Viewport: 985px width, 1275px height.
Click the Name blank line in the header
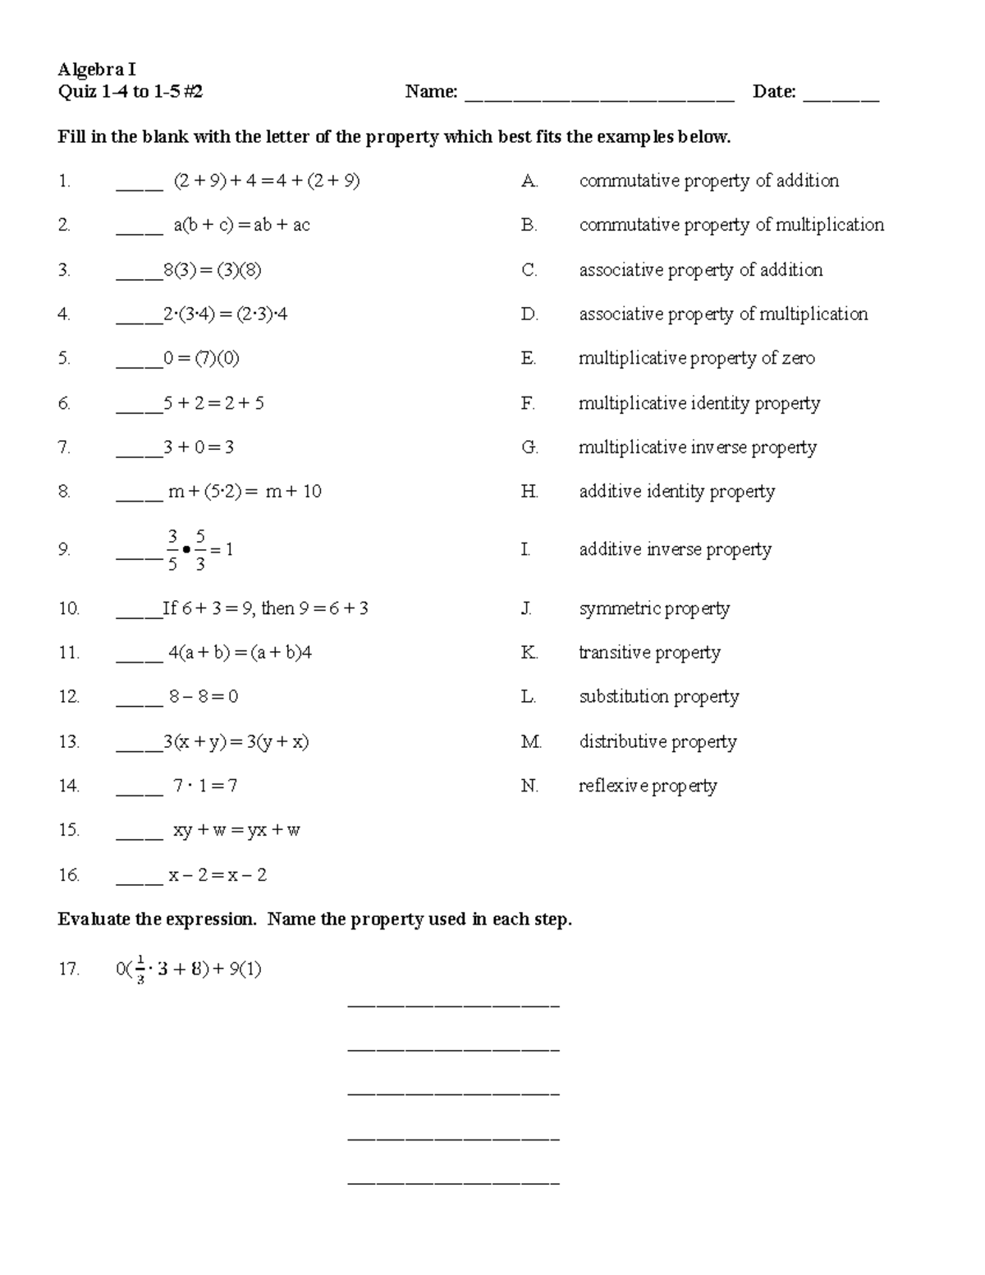coord(599,99)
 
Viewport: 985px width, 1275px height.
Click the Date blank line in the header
coord(841,99)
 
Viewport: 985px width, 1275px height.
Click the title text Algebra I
coord(97,70)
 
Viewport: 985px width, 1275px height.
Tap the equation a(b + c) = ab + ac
coord(241,225)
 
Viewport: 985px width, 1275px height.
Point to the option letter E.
coord(529,358)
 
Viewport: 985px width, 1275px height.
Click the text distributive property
coord(657,741)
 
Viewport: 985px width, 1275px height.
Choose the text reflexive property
coord(648,786)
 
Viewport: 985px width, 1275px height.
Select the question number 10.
coord(69,608)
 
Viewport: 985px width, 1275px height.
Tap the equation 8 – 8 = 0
coord(204,697)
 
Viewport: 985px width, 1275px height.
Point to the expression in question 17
coord(189,970)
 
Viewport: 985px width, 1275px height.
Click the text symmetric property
coord(654,608)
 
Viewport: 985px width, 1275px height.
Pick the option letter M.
coord(531,741)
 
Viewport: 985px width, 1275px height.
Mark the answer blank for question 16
coord(140,882)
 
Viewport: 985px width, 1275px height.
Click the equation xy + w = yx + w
coord(236,830)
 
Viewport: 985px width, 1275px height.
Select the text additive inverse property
coord(675,549)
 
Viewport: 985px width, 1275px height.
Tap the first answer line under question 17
coord(454,1005)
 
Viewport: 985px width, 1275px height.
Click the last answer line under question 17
coord(454,1183)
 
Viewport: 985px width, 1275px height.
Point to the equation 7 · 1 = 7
coord(205,786)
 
